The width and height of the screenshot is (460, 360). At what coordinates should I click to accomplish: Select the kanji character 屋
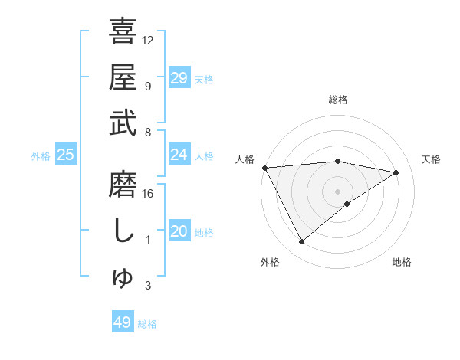click(x=123, y=77)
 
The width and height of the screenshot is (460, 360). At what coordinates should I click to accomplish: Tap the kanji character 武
click(x=123, y=123)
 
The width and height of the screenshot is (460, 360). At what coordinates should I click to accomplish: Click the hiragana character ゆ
click(x=123, y=279)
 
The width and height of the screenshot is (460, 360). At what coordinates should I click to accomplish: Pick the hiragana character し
click(x=123, y=231)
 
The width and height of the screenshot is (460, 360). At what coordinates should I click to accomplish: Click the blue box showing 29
click(x=179, y=77)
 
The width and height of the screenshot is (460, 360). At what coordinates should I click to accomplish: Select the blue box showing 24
click(x=179, y=155)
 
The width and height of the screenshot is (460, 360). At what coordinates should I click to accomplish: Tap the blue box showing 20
click(x=179, y=231)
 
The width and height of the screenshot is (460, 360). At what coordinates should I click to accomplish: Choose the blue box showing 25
click(x=65, y=155)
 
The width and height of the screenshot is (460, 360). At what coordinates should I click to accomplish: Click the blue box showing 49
click(x=123, y=322)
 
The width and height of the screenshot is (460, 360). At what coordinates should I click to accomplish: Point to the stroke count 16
click(x=149, y=194)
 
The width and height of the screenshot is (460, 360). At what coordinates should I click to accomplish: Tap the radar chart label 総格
click(x=338, y=100)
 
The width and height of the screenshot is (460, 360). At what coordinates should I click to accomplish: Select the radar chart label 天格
click(x=432, y=159)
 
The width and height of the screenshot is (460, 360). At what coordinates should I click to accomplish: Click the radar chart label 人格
click(x=245, y=159)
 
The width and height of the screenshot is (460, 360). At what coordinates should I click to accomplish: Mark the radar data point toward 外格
click(x=301, y=242)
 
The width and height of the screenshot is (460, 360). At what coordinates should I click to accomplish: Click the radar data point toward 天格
click(x=396, y=172)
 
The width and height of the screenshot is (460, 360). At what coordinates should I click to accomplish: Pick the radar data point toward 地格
click(x=347, y=204)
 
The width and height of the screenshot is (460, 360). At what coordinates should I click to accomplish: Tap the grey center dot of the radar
click(x=338, y=191)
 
